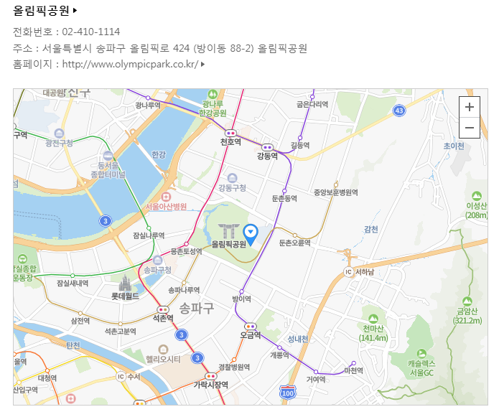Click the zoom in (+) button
coord(470,107)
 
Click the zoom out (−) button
coord(470,128)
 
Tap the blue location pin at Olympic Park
coord(251,233)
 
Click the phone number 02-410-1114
coord(91,32)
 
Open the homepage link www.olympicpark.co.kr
coord(130,65)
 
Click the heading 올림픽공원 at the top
coord(42,11)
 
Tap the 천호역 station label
coord(230,142)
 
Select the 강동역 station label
coord(267,156)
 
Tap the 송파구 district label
coord(197,309)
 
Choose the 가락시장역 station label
coord(210,385)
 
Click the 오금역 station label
coord(250,335)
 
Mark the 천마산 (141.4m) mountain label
coord(373,333)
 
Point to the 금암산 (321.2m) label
coord(468,316)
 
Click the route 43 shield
coord(399,110)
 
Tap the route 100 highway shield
coord(288,393)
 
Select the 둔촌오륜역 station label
coord(294,243)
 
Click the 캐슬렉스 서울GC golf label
coord(417,368)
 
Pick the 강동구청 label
coord(232,188)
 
